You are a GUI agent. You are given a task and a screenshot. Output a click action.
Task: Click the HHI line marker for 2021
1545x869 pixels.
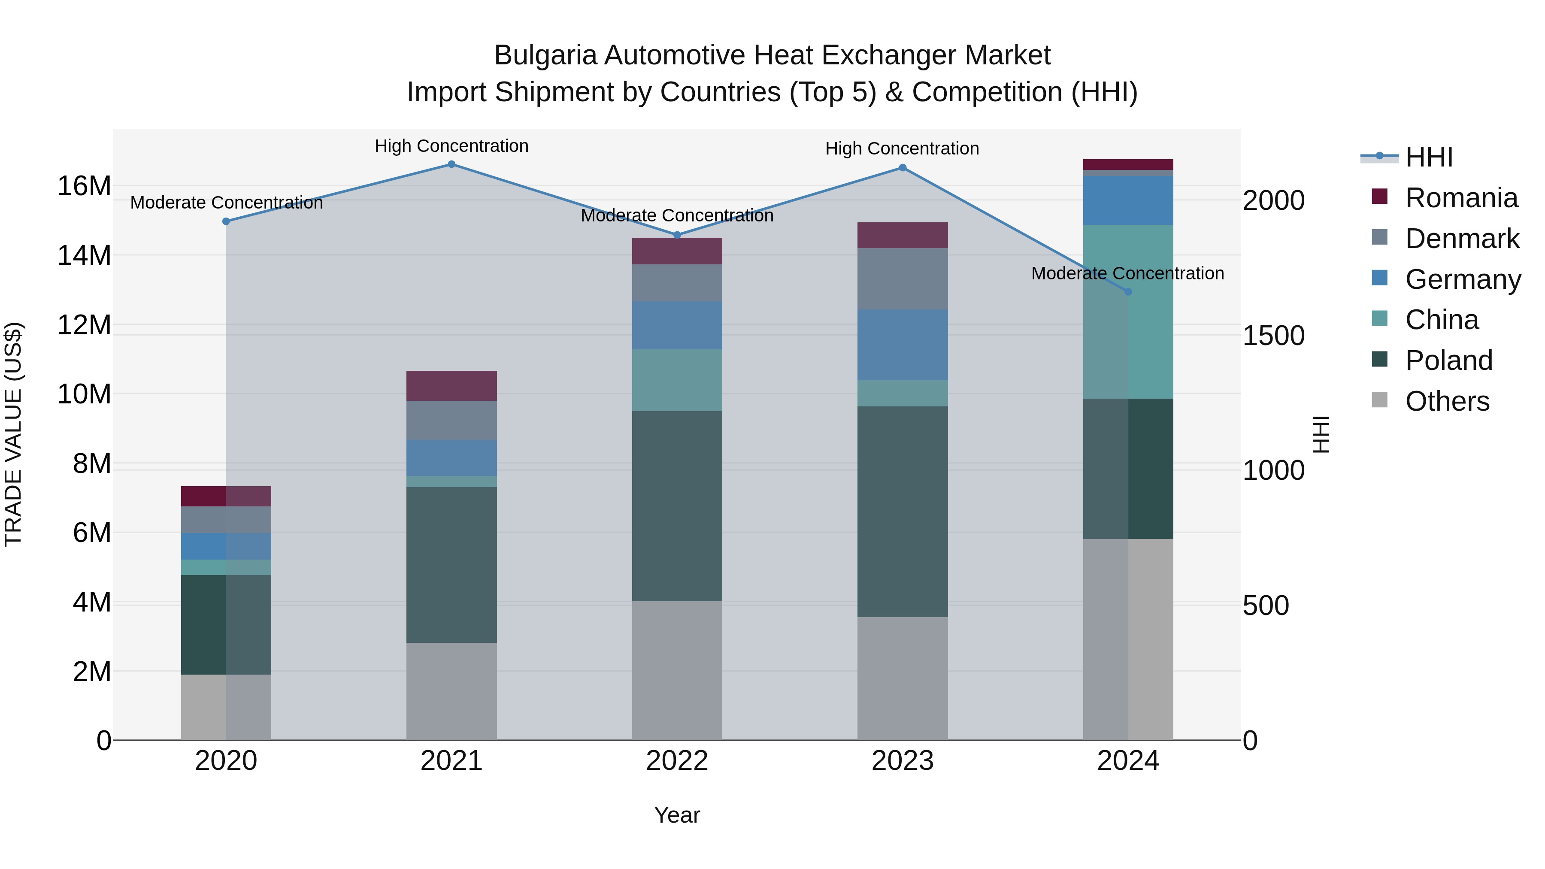pos(451,164)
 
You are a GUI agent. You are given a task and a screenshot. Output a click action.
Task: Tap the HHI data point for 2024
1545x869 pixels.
pos(1128,291)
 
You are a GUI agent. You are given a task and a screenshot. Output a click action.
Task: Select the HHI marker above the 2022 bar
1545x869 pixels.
pos(677,235)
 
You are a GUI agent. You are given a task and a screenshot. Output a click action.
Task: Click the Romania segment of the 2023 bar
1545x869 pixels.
pos(902,235)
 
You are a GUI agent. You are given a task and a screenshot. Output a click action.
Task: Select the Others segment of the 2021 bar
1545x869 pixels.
pos(451,691)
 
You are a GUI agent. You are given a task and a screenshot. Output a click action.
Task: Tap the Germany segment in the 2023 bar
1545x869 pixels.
pos(902,345)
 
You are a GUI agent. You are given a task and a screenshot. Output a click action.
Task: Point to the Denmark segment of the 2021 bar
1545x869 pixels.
pos(451,420)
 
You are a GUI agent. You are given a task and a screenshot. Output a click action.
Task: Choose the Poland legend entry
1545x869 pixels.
pos(1448,360)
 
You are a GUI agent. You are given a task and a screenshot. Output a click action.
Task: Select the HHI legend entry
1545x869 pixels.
pos(1429,157)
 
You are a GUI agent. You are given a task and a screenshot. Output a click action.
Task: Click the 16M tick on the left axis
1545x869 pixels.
pos(84,186)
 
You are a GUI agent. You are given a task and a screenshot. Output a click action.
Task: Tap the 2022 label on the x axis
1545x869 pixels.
pos(677,761)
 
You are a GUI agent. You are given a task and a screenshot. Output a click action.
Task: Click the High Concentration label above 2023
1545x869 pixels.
pos(902,148)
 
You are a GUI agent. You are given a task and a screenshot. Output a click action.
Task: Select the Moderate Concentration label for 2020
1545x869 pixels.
pos(226,203)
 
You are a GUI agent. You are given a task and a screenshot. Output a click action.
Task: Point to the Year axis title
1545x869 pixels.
pos(677,815)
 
